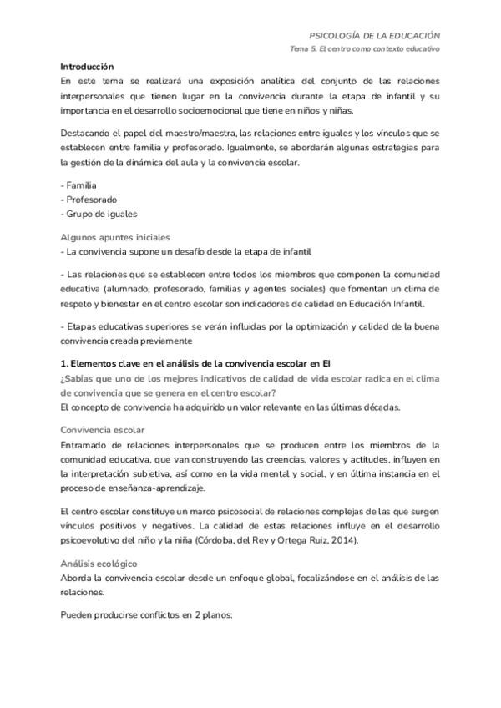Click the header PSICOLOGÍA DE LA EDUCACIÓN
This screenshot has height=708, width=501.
point(374,36)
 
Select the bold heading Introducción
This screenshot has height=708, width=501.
point(87,66)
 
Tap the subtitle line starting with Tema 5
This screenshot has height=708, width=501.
point(365,49)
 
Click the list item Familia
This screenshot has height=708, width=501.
point(81,185)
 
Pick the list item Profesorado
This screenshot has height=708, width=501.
point(91,200)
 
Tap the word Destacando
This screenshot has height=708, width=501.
point(89,134)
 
